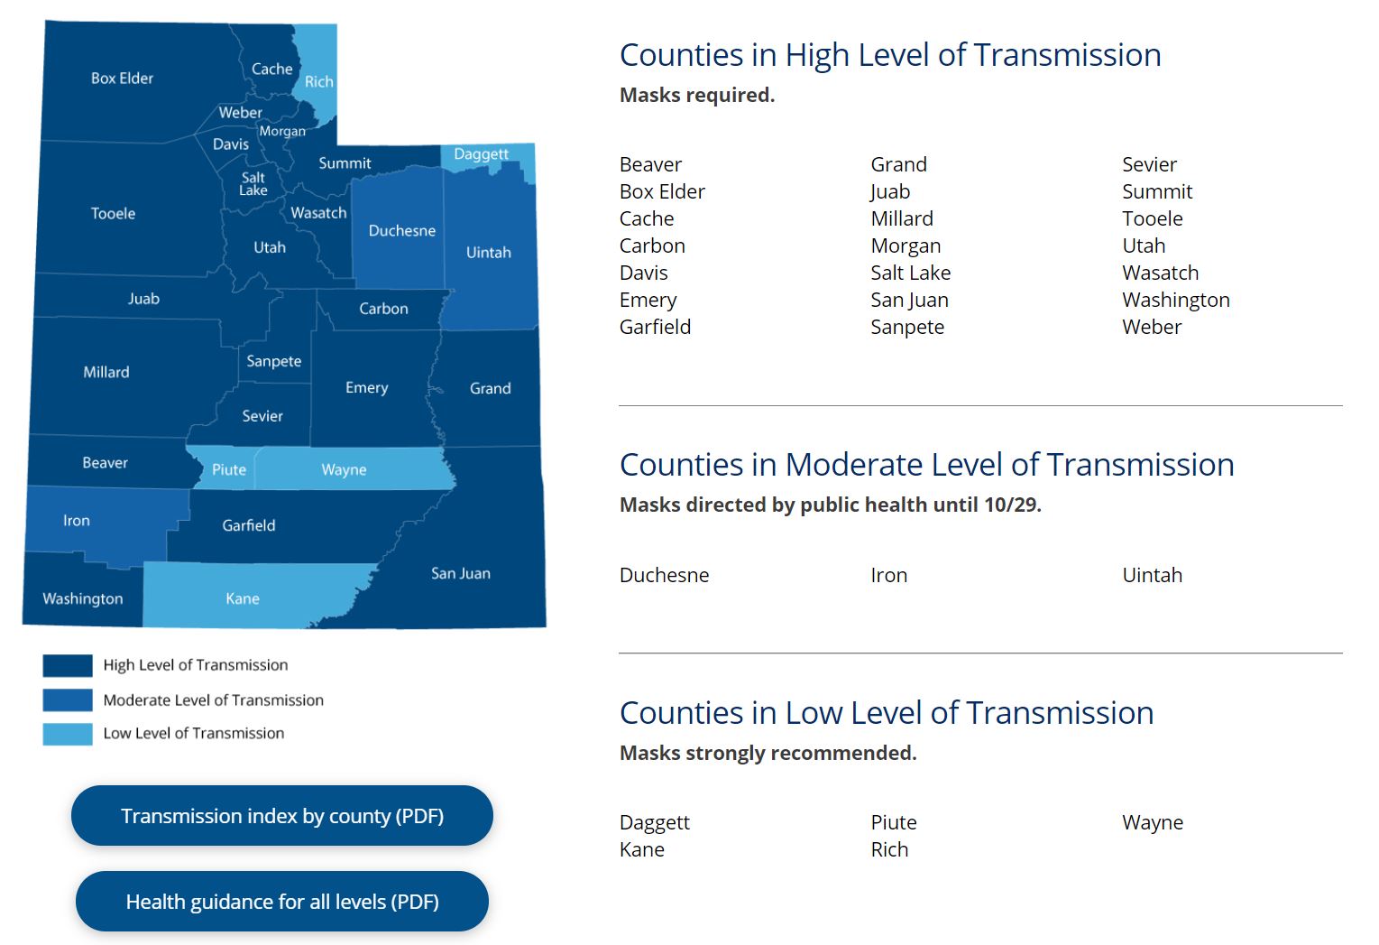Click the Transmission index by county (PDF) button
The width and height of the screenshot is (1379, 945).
pyautogui.click(x=282, y=816)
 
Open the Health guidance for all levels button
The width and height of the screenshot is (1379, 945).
pyautogui.click(x=282, y=902)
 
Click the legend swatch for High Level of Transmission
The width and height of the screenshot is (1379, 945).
pyautogui.click(x=68, y=666)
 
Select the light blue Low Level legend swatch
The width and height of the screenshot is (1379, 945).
pyautogui.click(x=68, y=735)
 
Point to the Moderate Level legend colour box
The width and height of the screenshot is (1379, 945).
pyautogui.click(x=68, y=700)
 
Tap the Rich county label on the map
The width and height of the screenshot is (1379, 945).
pyautogui.click(x=318, y=82)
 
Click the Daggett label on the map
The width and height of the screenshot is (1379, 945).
pyautogui.click(x=481, y=154)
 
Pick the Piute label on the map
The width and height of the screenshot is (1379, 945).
pyautogui.click(x=229, y=470)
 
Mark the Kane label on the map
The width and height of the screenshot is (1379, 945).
pyautogui.click(x=243, y=598)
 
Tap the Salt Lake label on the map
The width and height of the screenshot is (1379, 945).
pyautogui.click(x=253, y=184)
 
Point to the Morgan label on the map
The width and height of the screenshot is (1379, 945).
pyautogui.click(x=282, y=132)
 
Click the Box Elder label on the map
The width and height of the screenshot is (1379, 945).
pyautogui.click(x=122, y=79)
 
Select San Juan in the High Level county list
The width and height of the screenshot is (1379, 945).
pyautogui.click(x=909, y=300)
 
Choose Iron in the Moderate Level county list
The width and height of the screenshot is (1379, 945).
pyautogui.click(x=888, y=575)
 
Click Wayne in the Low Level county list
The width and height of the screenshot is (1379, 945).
pyautogui.click(x=1152, y=822)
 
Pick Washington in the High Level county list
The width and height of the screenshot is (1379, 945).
pyautogui.click(x=1175, y=300)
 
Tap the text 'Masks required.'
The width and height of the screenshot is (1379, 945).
pyautogui.click(x=696, y=96)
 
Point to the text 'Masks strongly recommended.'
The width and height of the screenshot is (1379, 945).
pyautogui.click(x=768, y=754)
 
